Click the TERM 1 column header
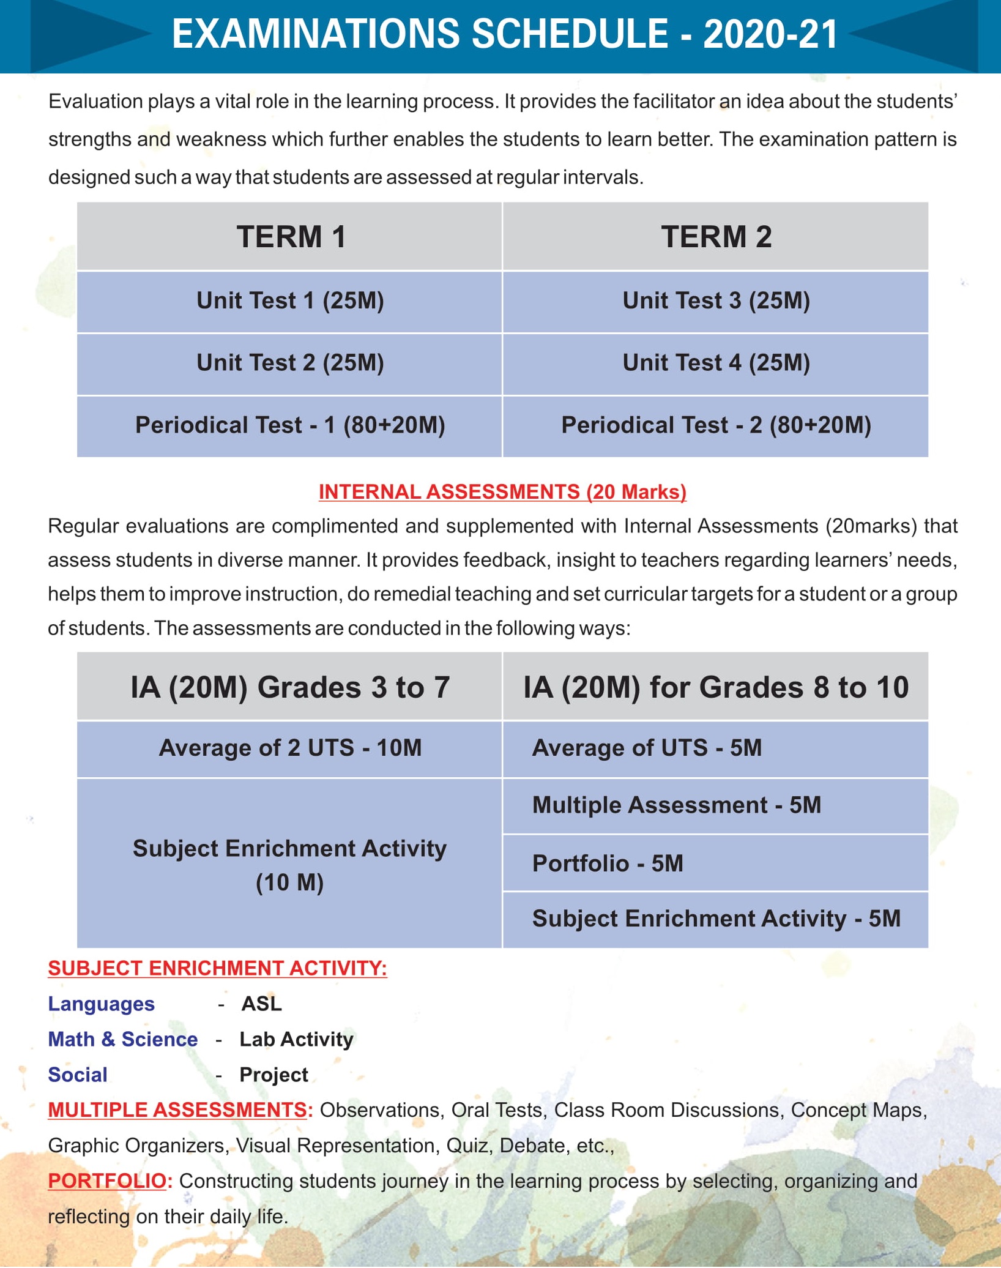tap(291, 237)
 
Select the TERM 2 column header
tap(716, 237)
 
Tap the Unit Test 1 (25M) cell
tap(290, 301)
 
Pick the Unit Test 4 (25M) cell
tap(716, 364)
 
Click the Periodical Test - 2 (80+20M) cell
tap(716, 426)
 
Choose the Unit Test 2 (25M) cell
tap(290, 364)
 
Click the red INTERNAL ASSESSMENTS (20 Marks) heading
tap(502, 492)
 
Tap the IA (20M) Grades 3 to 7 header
tap(290, 687)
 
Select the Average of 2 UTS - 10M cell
tap(290, 748)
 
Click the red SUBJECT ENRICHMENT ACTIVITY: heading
tap(217, 968)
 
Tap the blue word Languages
tap(101, 1004)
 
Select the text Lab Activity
tap(296, 1040)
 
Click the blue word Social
tap(78, 1075)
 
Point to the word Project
tap(274, 1075)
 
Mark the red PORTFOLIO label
tap(107, 1181)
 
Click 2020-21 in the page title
tap(770, 34)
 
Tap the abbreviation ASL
tap(261, 1004)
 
